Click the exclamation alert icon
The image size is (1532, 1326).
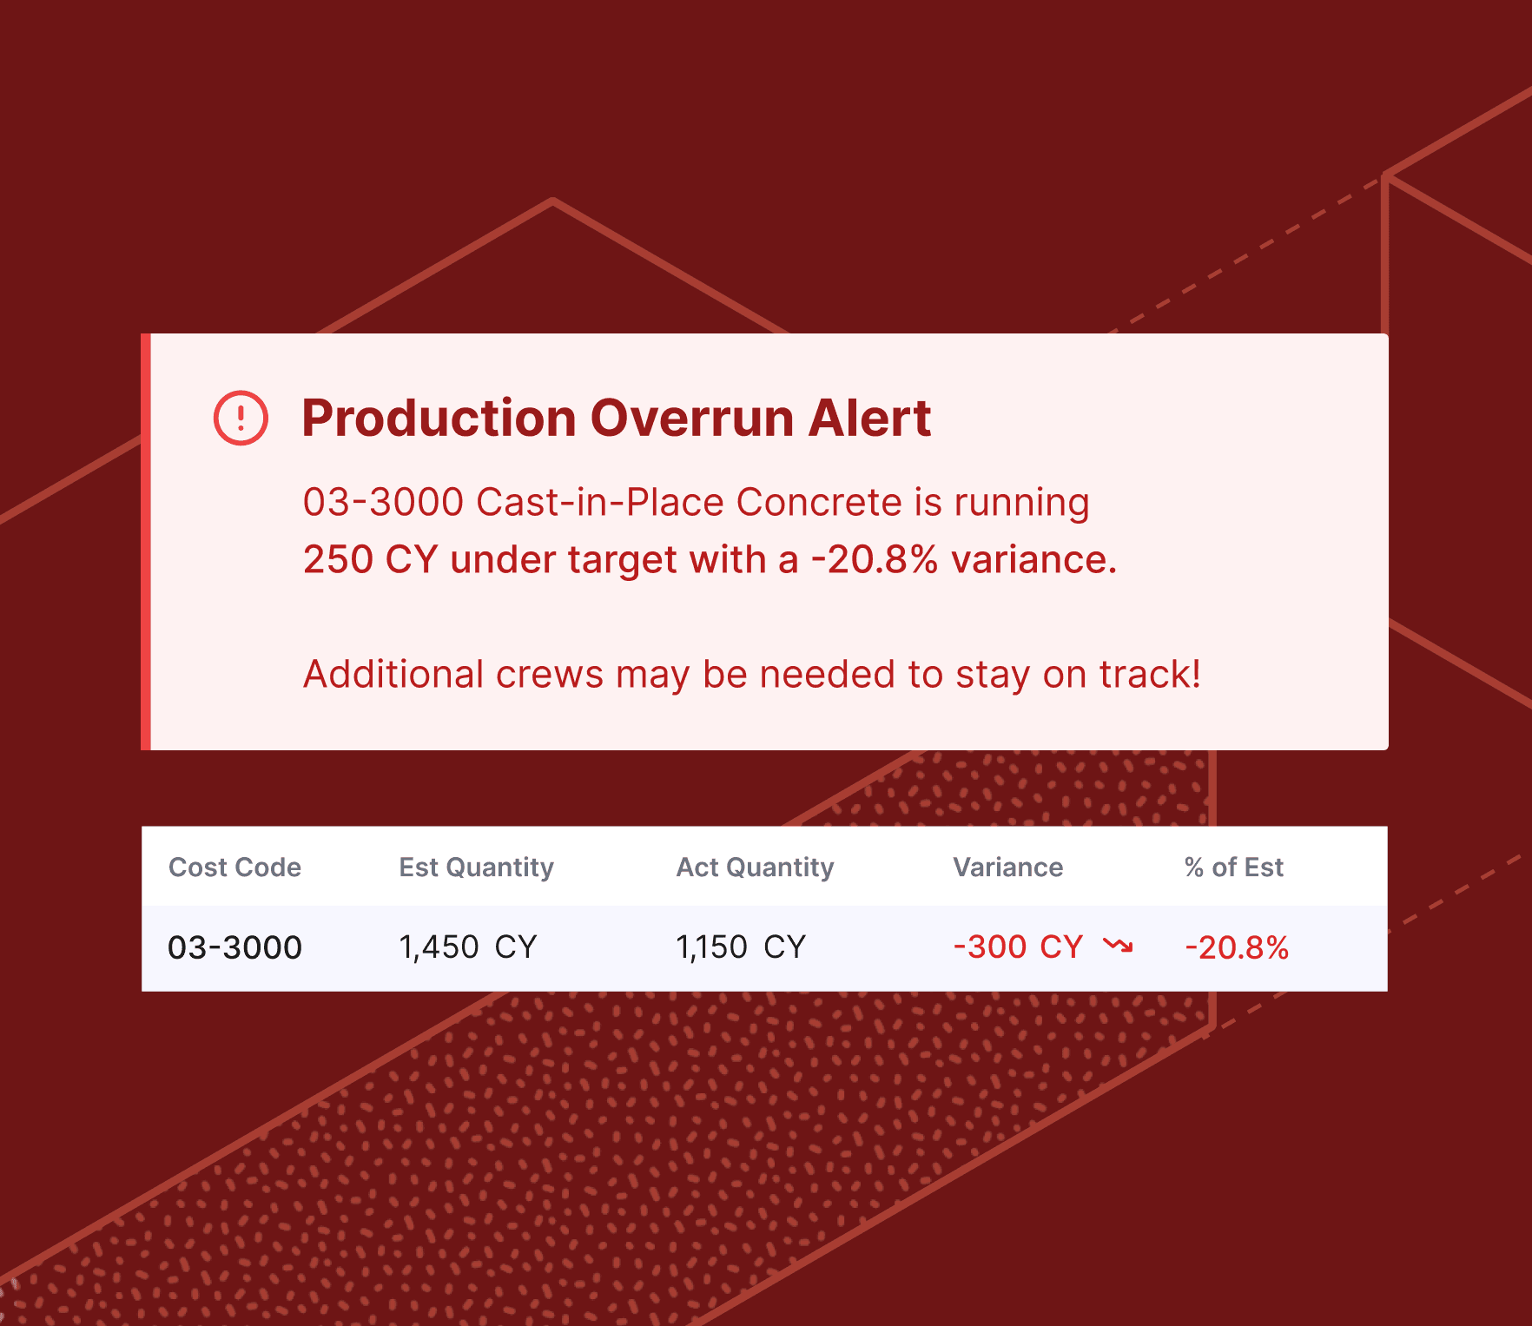[x=241, y=418]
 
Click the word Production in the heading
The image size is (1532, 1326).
[x=439, y=419]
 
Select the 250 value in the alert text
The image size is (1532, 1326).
[x=337, y=560]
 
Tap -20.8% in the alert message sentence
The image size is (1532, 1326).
[x=875, y=560]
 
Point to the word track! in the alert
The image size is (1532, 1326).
[x=1150, y=675]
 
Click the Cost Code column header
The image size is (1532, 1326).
[x=234, y=868]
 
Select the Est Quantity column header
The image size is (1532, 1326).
[x=476, y=868]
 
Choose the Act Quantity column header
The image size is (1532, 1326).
[x=755, y=868]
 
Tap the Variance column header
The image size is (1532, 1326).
[x=1007, y=868]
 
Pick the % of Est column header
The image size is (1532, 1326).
[x=1233, y=868]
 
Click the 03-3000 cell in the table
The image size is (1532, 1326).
[x=234, y=947]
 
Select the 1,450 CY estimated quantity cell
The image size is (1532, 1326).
[x=468, y=947]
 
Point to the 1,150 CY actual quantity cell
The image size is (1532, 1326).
[x=741, y=947]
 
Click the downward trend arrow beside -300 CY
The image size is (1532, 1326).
[x=1118, y=946]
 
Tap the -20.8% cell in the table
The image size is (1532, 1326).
[x=1237, y=947]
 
